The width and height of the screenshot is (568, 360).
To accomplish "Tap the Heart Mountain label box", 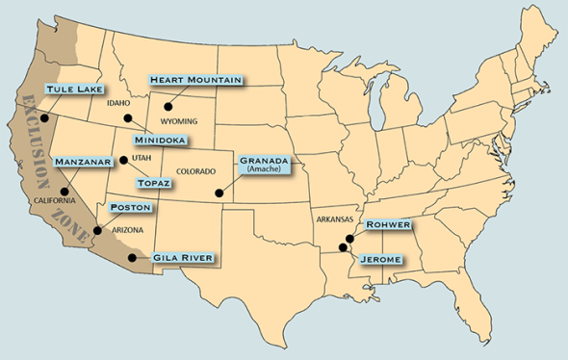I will point(194,80).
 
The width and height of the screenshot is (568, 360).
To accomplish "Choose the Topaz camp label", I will point(154,182).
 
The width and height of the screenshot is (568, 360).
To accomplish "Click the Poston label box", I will point(128,207).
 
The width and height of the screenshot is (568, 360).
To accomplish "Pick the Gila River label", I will point(182,258).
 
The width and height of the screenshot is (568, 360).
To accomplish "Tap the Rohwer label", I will point(388,225).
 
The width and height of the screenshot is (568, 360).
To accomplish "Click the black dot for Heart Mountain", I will point(168,108).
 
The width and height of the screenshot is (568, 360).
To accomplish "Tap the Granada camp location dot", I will point(219,193).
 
